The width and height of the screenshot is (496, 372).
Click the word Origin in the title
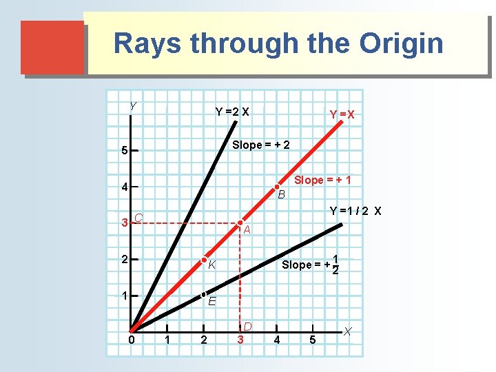coord(401,43)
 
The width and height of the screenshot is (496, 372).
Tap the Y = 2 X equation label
coord(232,112)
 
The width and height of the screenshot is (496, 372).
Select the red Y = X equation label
coord(342,114)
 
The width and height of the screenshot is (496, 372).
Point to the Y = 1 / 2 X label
coord(355,211)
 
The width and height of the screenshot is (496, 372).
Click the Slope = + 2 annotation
coord(261,145)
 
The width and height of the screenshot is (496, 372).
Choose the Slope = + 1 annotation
coord(322,180)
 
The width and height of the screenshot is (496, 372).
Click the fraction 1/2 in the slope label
coord(335,265)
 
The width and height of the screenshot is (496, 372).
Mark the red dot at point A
coord(240,223)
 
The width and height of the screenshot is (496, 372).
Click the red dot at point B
coord(276,187)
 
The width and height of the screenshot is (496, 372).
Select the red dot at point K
coord(204,260)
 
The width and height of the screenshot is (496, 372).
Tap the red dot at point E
coord(204,296)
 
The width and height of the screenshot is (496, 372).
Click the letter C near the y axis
coord(138,218)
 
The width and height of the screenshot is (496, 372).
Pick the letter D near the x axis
coord(247,326)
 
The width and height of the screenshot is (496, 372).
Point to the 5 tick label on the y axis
coord(123,151)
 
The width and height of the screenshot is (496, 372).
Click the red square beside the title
coord(52,47)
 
